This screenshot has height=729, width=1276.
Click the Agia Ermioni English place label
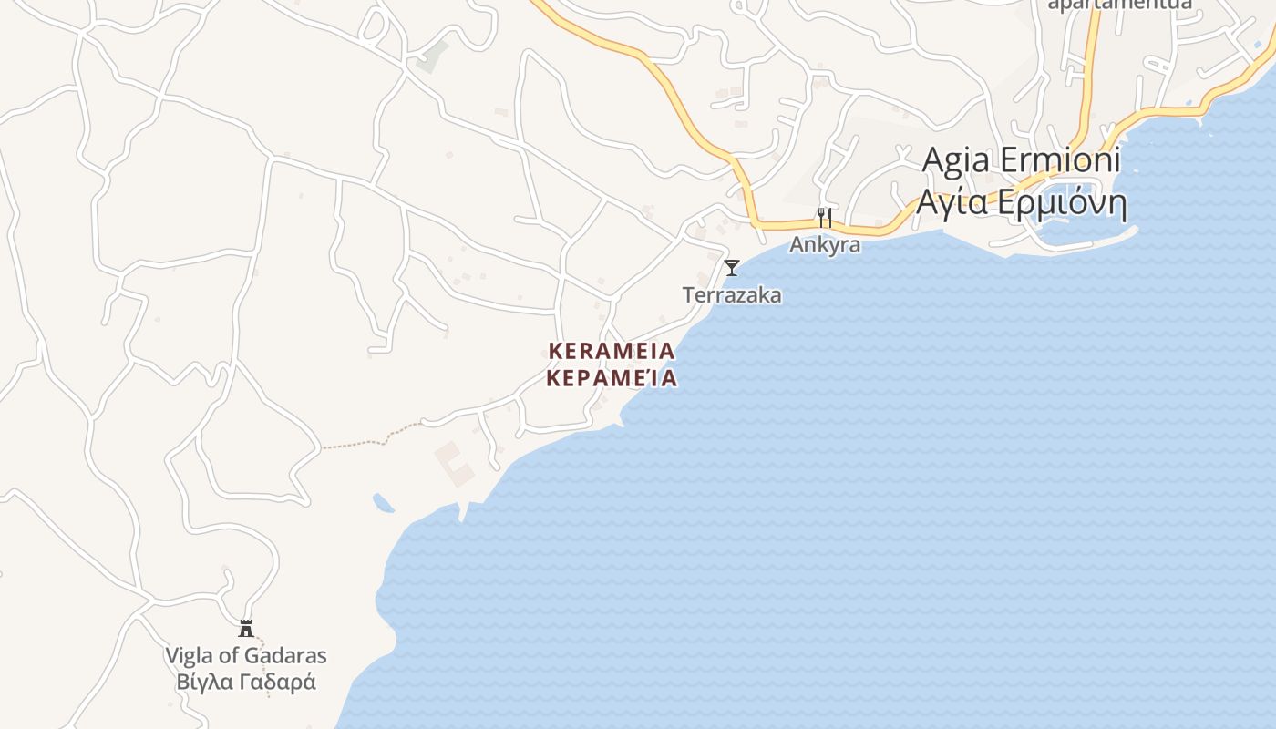(1021, 160)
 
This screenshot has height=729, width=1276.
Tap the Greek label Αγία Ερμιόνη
(1021, 202)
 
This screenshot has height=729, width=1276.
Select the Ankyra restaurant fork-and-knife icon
(824, 218)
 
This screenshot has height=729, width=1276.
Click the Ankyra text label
(825, 244)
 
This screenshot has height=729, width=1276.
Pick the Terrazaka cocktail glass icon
(731, 268)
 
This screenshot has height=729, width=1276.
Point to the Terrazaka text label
(732, 295)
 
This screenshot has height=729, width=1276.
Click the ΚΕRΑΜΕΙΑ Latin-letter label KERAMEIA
(612, 351)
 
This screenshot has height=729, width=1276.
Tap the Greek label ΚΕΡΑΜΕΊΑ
(612, 378)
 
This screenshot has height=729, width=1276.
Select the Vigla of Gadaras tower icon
(245, 628)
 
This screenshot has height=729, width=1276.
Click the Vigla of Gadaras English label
(245, 655)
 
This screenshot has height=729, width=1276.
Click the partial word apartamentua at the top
(1119, 5)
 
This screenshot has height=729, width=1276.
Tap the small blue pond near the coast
(383, 502)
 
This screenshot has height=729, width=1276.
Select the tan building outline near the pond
(455, 463)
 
